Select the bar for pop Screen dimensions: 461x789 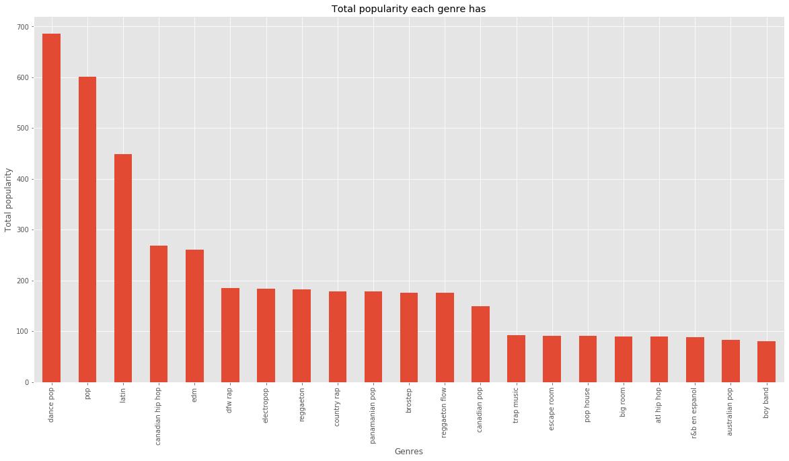(87, 229)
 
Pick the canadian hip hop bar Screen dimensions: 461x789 (159, 314)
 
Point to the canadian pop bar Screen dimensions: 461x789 (480, 344)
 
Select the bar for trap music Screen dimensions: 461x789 (516, 359)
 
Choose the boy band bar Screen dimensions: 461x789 (766, 361)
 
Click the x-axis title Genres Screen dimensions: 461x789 (409, 452)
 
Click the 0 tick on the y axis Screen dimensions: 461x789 (32, 382)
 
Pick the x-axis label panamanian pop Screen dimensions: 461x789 (373, 412)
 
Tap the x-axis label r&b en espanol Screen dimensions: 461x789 (695, 412)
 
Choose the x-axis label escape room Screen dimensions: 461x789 (552, 408)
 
